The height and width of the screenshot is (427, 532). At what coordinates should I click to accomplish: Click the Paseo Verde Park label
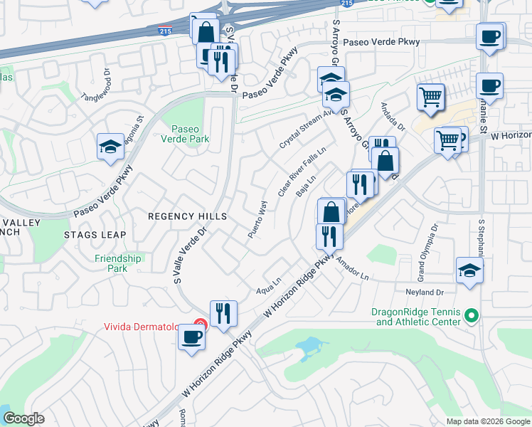[x=190, y=135]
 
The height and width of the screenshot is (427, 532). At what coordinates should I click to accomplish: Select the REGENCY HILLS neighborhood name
[x=187, y=216]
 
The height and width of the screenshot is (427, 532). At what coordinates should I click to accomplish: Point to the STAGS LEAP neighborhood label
[x=95, y=235]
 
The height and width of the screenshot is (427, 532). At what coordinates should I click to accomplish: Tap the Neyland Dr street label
[x=425, y=292]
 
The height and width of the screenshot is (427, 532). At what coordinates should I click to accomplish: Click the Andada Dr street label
[x=392, y=117]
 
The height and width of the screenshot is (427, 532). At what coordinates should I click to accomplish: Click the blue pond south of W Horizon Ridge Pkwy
[x=309, y=347]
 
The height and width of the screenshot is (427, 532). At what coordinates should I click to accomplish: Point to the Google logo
[x=23, y=419]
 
